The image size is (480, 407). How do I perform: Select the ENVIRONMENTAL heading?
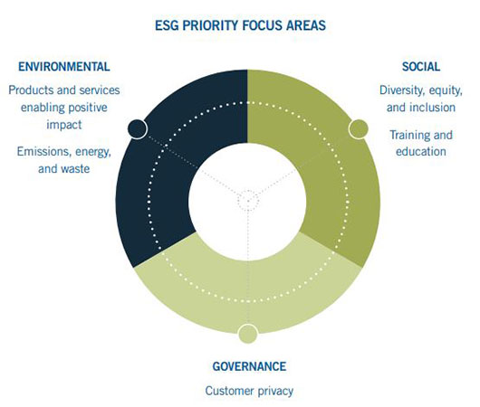[65, 67]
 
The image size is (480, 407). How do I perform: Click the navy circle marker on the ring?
[137, 128]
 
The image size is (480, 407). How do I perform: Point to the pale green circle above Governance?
[247, 334]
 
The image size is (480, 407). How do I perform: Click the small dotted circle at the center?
[247, 199]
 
